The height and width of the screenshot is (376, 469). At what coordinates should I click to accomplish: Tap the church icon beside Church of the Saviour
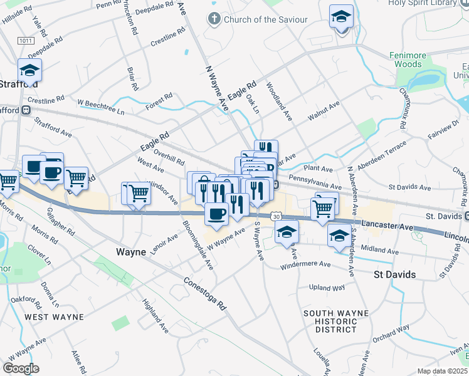point(214,19)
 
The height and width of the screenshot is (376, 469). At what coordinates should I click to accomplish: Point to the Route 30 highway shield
point(276,216)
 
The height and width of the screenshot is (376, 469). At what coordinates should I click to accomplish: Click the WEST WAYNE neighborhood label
point(54,317)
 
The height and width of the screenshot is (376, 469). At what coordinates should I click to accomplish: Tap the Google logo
point(21,368)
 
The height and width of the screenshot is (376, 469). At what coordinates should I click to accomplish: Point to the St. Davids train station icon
point(466,216)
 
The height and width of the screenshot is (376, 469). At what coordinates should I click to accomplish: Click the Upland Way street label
point(327,288)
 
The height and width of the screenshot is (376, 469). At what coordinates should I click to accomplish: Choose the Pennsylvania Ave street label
point(315,183)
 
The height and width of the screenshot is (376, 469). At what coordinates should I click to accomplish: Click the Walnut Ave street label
point(324,111)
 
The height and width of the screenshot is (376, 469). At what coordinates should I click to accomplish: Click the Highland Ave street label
point(155,315)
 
